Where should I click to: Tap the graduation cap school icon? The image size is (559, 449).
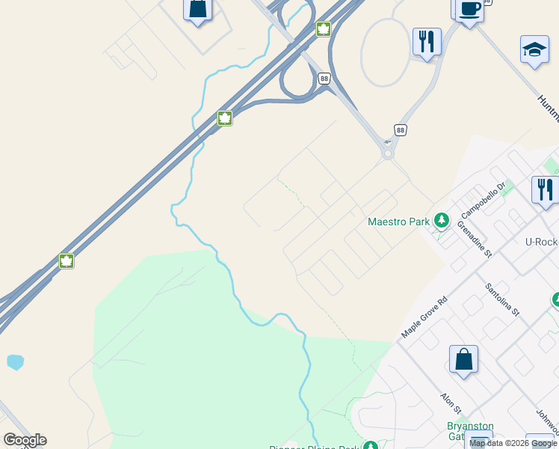click(x=534, y=49)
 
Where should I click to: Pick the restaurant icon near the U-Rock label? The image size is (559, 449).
click(x=545, y=189)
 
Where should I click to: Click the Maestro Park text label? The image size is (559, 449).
click(x=399, y=222)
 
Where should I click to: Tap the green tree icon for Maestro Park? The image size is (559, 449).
click(x=442, y=220)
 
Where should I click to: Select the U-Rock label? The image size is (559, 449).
click(x=541, y=242)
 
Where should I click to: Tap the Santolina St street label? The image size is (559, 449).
click(x=501, y=298)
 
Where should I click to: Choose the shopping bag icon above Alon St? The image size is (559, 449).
click(x=463, y=359)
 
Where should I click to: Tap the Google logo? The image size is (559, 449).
click(x=25, y=440)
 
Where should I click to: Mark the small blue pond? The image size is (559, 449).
click(x=15, y=362)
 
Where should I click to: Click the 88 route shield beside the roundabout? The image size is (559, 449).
click(x=401, y=129)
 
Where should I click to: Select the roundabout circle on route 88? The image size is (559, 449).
click(x=388, y=153)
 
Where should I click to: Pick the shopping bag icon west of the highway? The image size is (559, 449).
click(x=197, y=9)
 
